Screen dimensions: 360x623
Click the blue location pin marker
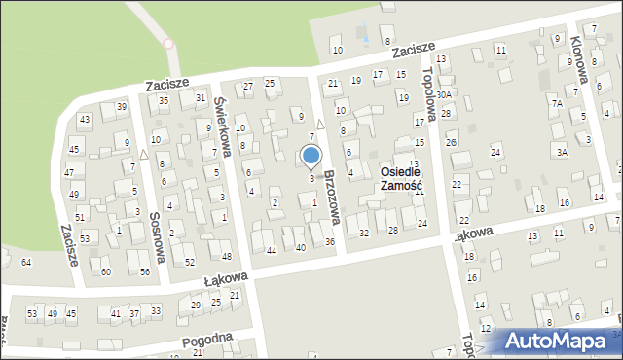coord(311,156)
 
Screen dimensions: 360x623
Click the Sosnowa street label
coord(155,237)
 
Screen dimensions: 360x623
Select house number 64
coord(26,263)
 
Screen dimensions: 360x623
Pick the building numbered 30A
coord(443,95)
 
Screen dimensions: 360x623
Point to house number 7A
coord(557,103)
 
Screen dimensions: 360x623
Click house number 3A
coord(562,151)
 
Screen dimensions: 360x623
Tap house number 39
coord(122,106)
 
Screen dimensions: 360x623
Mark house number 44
coord(272,250)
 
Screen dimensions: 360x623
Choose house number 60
coord(106,271)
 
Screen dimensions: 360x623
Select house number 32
coord(364,233)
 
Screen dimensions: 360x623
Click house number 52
coord(189,263)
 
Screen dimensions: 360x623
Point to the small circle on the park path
coord(167,44)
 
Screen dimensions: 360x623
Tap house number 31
coord(201,97)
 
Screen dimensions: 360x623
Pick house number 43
coord(85,119)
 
